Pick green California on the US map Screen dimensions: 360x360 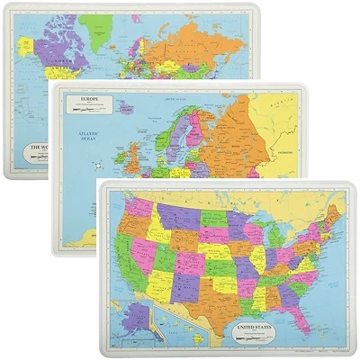click(121, 256)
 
